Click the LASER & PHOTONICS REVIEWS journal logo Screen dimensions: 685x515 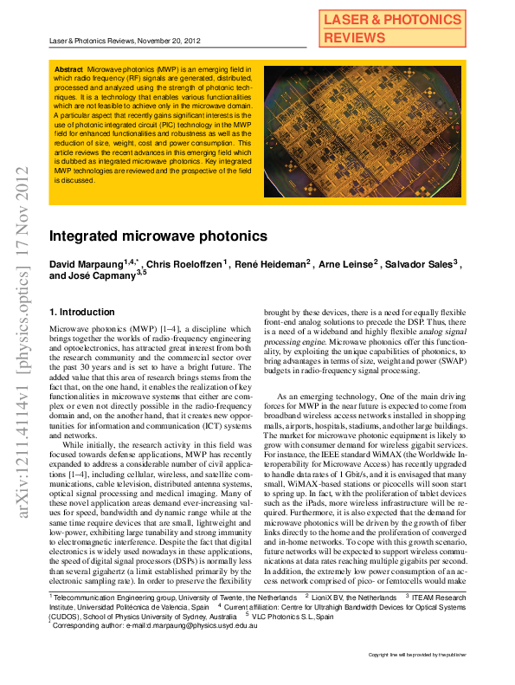[x=392, y=29]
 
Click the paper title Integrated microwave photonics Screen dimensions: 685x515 [x=145, y=236]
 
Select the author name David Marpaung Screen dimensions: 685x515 [x=85, y=263]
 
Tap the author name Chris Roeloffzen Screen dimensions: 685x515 [x=183, y=263]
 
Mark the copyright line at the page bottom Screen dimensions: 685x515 [x=417, y=656]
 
